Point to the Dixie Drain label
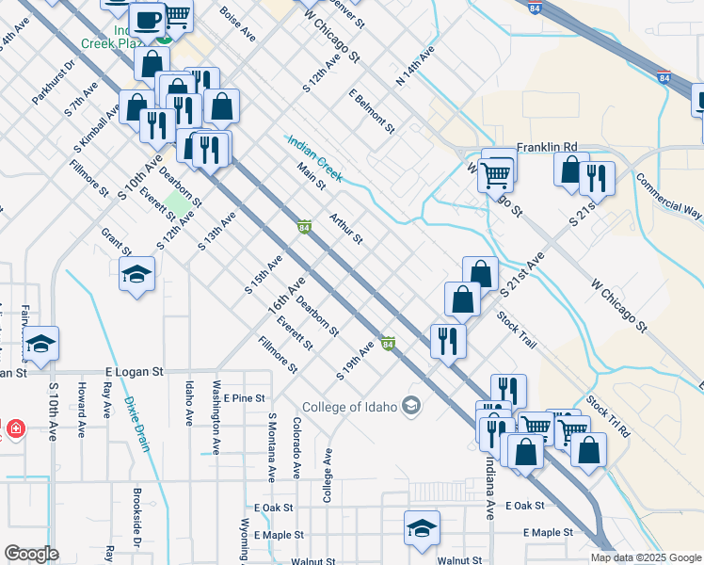click(x=136, y=424)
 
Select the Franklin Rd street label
click(x=546, y=148)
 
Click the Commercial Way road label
click(x=668, y=196)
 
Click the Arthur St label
click(x=345, y=228)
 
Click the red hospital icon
click(x=15, y=429)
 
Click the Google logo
click(x=31, y=554)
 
